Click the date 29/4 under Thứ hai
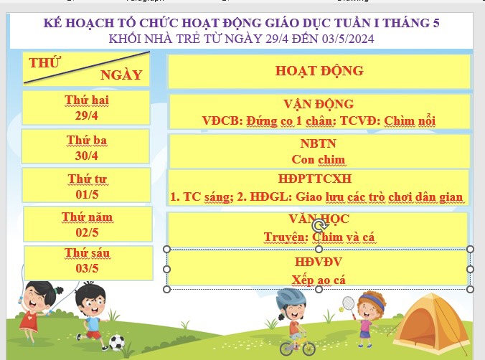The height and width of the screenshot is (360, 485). point(86,115)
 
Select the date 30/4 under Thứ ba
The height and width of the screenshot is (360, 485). point(86,155)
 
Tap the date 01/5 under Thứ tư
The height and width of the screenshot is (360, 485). point(87,194)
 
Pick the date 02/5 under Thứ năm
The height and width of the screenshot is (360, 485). point(87,232)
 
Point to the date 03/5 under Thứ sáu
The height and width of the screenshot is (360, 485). point(87,268)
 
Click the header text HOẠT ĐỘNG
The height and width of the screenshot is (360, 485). point(319,71)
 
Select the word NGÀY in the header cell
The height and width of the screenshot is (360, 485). point(121,75)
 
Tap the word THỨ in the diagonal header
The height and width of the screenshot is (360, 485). point(45,62)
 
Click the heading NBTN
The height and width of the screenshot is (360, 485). point(318,143)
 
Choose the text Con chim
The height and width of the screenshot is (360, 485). point(318,160)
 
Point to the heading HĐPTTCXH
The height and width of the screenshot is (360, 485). point(314,179)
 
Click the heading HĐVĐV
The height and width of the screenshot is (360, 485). point(319,262)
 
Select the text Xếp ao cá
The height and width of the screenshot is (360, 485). point(319,280)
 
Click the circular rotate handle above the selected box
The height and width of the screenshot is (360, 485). point(319,226)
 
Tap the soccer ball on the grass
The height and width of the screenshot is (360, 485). point(117,343)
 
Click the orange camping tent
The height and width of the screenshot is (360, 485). point(430,325)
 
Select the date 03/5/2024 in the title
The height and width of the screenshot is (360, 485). point(348,39)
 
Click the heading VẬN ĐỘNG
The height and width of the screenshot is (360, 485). point(319,104)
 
